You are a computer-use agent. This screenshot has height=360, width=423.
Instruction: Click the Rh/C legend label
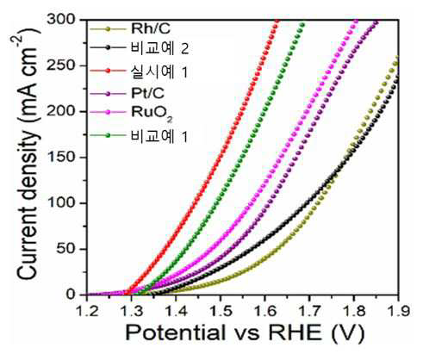click(x=151, y=28)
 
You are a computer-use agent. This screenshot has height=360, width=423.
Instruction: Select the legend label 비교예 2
click(x=159, y=48)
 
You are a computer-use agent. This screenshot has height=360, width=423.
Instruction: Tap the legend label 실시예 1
click(x=159, y=71)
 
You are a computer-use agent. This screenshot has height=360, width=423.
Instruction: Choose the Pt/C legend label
click(x=148, y=93)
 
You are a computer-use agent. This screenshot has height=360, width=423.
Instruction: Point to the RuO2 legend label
click(x=152, y=113)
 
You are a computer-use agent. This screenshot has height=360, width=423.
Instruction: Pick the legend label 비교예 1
click(x=159, y=136)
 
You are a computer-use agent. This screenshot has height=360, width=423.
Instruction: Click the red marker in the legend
click(x=108, y=71)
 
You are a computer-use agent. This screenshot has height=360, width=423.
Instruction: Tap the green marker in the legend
click(x=108, y=135)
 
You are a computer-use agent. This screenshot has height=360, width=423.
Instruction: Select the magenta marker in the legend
click(x=108, y=113)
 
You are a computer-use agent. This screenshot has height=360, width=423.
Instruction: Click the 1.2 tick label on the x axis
click(x=87, y=311)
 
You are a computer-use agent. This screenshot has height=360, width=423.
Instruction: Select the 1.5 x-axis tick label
click(x=221, y=311)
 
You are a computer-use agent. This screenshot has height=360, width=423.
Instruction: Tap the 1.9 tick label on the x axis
click(x=399, y=311)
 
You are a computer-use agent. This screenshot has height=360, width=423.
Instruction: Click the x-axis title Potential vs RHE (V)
click(x=245, y=333)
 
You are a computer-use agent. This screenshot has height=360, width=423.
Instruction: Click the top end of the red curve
click(x=277, y=21)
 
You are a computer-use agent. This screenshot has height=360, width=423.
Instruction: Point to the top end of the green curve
click(x=302, y=25)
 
